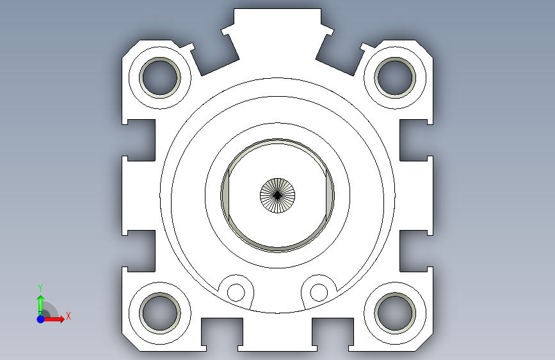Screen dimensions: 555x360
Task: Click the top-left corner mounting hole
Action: [x=160, y=78]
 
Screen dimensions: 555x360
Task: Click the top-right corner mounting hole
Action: [x=395, y=78]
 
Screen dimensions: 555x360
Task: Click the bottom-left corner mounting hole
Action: [x=160, y=313]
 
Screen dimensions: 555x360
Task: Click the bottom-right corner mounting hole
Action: [x=395, y=313]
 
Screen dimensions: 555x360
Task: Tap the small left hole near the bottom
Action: [x=236, y=293]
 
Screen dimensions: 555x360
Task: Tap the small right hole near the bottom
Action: [x=319, y=293]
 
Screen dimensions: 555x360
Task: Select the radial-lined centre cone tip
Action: [x=278, y=195]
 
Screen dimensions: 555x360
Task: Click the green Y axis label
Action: [x=40, y=288]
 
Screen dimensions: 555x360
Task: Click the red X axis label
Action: [x=68, y=316]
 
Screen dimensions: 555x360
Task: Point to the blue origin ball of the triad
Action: [x=41, y=319]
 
